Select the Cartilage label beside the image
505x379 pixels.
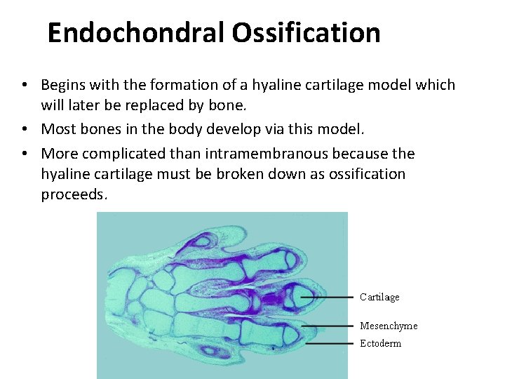pos(379,297)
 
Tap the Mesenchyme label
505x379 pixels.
pos(389,326)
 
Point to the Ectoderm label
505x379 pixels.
pos(381,343)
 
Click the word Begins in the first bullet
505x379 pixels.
pos(63,86)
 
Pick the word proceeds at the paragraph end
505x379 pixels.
pos(74,194)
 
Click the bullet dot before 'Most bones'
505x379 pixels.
pos(24,129)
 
